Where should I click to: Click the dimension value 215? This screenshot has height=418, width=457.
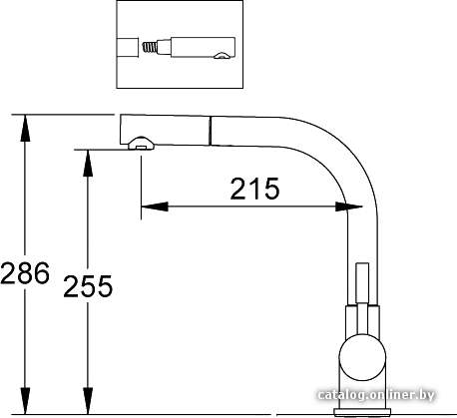pos(254,189)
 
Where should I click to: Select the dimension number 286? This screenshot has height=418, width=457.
pos(25,273)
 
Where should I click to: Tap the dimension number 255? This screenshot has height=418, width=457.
pos(88,286)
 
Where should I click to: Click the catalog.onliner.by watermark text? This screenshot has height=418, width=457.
pos(376,395)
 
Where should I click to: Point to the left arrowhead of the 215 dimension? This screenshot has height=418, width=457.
pos(155,207)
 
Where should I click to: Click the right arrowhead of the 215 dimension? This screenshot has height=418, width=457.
pos(348,207)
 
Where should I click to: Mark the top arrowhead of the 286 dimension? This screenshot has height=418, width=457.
pos(25,128)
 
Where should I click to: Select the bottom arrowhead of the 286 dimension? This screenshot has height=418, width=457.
pos(25,401)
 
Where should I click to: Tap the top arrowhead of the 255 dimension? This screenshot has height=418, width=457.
pos(88,164)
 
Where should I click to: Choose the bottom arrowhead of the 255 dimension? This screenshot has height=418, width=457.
pos(88,401)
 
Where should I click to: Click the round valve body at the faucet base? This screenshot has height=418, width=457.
pos(362,357)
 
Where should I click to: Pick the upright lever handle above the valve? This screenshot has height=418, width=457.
pos(362,283)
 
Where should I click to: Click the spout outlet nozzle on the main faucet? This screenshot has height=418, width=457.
pos(141,144)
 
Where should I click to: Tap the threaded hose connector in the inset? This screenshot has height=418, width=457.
pos(149,46)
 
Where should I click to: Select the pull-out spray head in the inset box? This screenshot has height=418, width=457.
pos(197,48)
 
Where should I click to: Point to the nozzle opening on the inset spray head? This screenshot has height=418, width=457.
pos(222,56)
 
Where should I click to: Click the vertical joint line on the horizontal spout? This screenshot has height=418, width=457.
pos(211,131)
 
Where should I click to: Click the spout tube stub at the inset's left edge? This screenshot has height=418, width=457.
pos(128,48)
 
